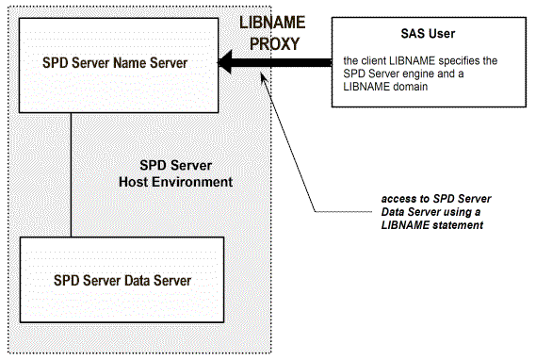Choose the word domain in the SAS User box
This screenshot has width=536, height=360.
pyautogui.click(x=410, y=87)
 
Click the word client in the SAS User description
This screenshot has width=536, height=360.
pyautogui.click(x=376, y=60)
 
